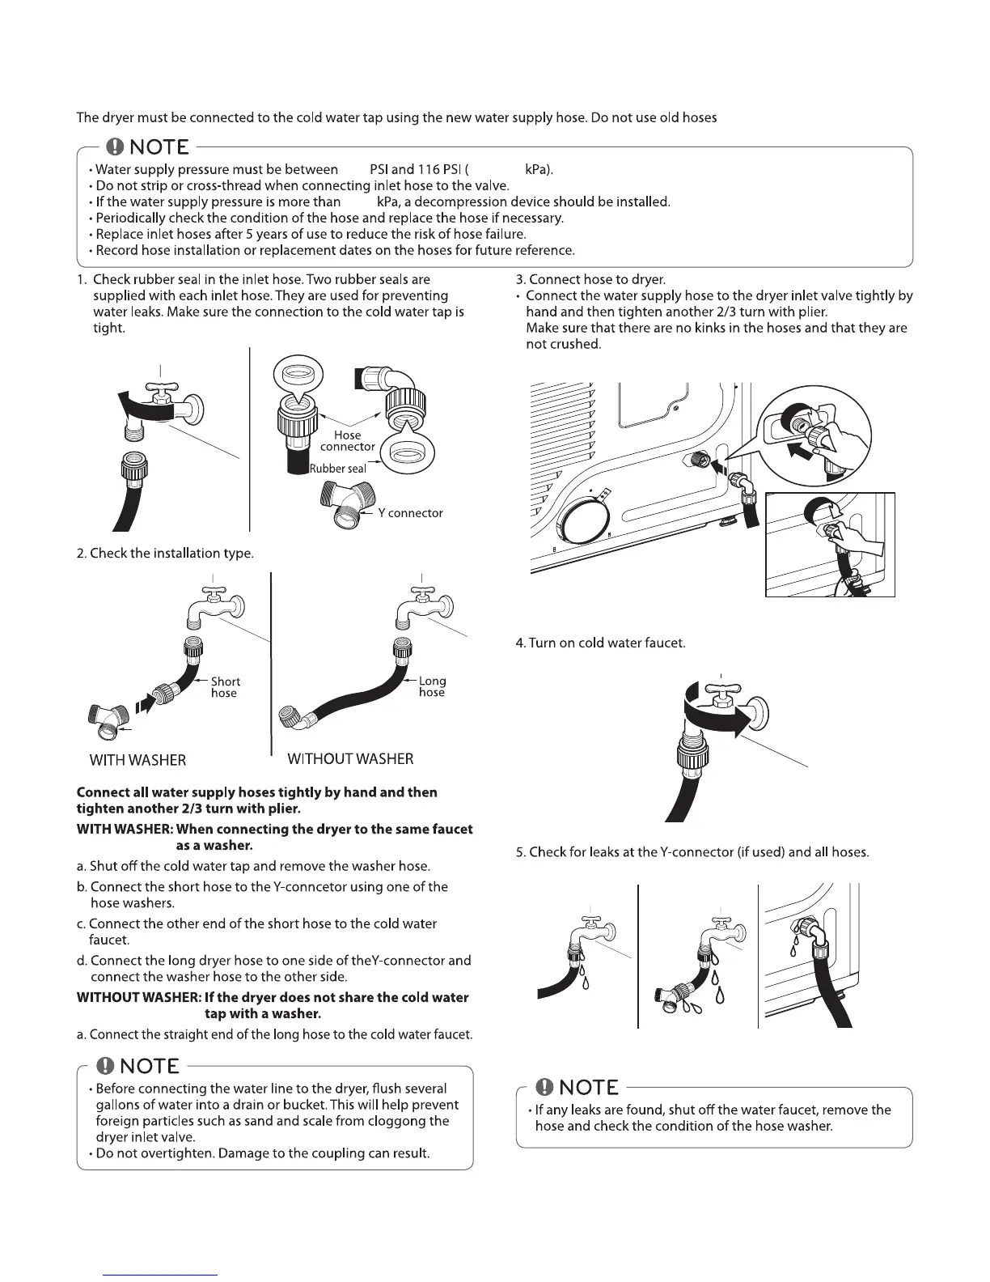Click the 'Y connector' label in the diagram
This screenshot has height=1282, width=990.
click(x=410, y=513)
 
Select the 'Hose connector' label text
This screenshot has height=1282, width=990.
click(x=348, y=441)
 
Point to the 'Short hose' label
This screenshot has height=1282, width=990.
click(x=225, y=687)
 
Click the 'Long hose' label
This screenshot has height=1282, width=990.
click(x=432, y=687)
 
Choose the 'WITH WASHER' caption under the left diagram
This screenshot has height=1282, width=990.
click(x=137, y=761)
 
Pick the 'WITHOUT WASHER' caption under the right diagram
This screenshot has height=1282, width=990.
click(x=350, y=759)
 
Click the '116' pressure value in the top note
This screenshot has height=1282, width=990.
click(x=428, y=170)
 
